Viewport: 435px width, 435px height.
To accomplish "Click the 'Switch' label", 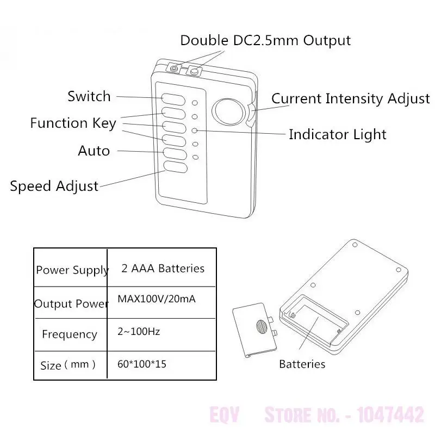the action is pyautogui.click(x=89, y=97).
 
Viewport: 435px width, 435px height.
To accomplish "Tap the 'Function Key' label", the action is pyautogui.click(x=73, y=123).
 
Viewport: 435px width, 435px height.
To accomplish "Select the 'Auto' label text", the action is pyautogui.click(x=94, y=151).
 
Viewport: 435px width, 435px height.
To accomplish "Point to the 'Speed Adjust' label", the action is pyautogui.click(x=54, y=186).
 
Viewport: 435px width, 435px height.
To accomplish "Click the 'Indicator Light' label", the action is pyautogui.click(x=337, y=134).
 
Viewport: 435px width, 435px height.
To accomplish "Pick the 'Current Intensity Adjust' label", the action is pyautogui.click(x=350, y=99).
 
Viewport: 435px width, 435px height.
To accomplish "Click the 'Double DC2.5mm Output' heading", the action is pyautogui.click(x=265, y=40).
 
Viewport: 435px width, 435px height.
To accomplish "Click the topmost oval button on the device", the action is pyautogui.click(x=173, y=99).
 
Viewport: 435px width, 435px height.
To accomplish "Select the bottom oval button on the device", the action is pyautogui.click(x=173, y=167).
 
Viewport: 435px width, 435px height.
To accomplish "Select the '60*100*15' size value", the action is pyautogui.click(x=142, y=364).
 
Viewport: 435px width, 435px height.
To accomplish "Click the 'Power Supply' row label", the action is pyautogui.click(x=72, y=270).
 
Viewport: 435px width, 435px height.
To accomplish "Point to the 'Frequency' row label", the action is pyautogui.click(x=70, y=334).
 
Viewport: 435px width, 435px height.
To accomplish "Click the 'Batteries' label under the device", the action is pyautogui.click(x=302, y=364).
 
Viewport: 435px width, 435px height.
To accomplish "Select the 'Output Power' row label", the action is pyautogui.click(x=71, y=303).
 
